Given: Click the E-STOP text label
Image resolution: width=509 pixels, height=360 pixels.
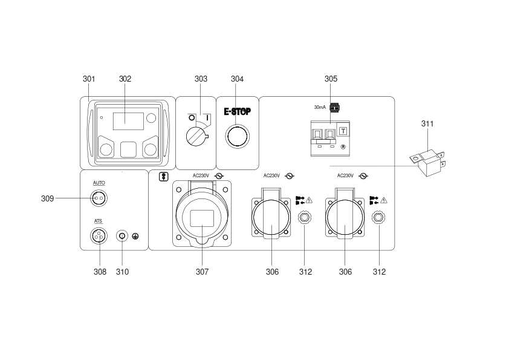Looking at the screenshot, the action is click(238, 111).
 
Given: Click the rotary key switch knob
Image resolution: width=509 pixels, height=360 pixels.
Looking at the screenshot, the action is click(196, 137).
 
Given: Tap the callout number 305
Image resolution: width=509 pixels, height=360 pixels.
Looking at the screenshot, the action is click(331, 79).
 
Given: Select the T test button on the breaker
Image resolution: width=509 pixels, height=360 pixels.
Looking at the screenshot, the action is click(343, 131).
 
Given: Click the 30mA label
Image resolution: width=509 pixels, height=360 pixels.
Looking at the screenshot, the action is click(320, 107).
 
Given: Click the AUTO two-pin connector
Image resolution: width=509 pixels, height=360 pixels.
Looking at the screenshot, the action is click(99, 198).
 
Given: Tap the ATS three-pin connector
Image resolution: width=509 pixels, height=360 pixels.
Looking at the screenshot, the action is click(99, 236).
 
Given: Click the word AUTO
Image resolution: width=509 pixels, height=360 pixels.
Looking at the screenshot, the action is click(99, 183).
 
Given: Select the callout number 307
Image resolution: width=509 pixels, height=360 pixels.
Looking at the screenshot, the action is click(202, 272).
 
